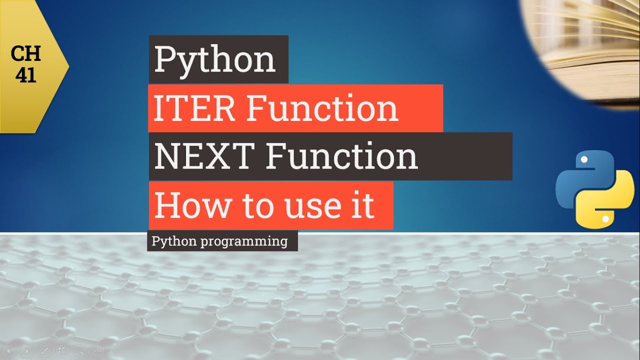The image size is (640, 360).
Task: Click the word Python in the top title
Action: (x=214, y=59)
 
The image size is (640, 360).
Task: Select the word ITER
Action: (x=193, y=108)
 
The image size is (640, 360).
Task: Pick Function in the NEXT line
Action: (x=341, y=156)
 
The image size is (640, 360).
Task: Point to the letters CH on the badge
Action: (x=25, y=53)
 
